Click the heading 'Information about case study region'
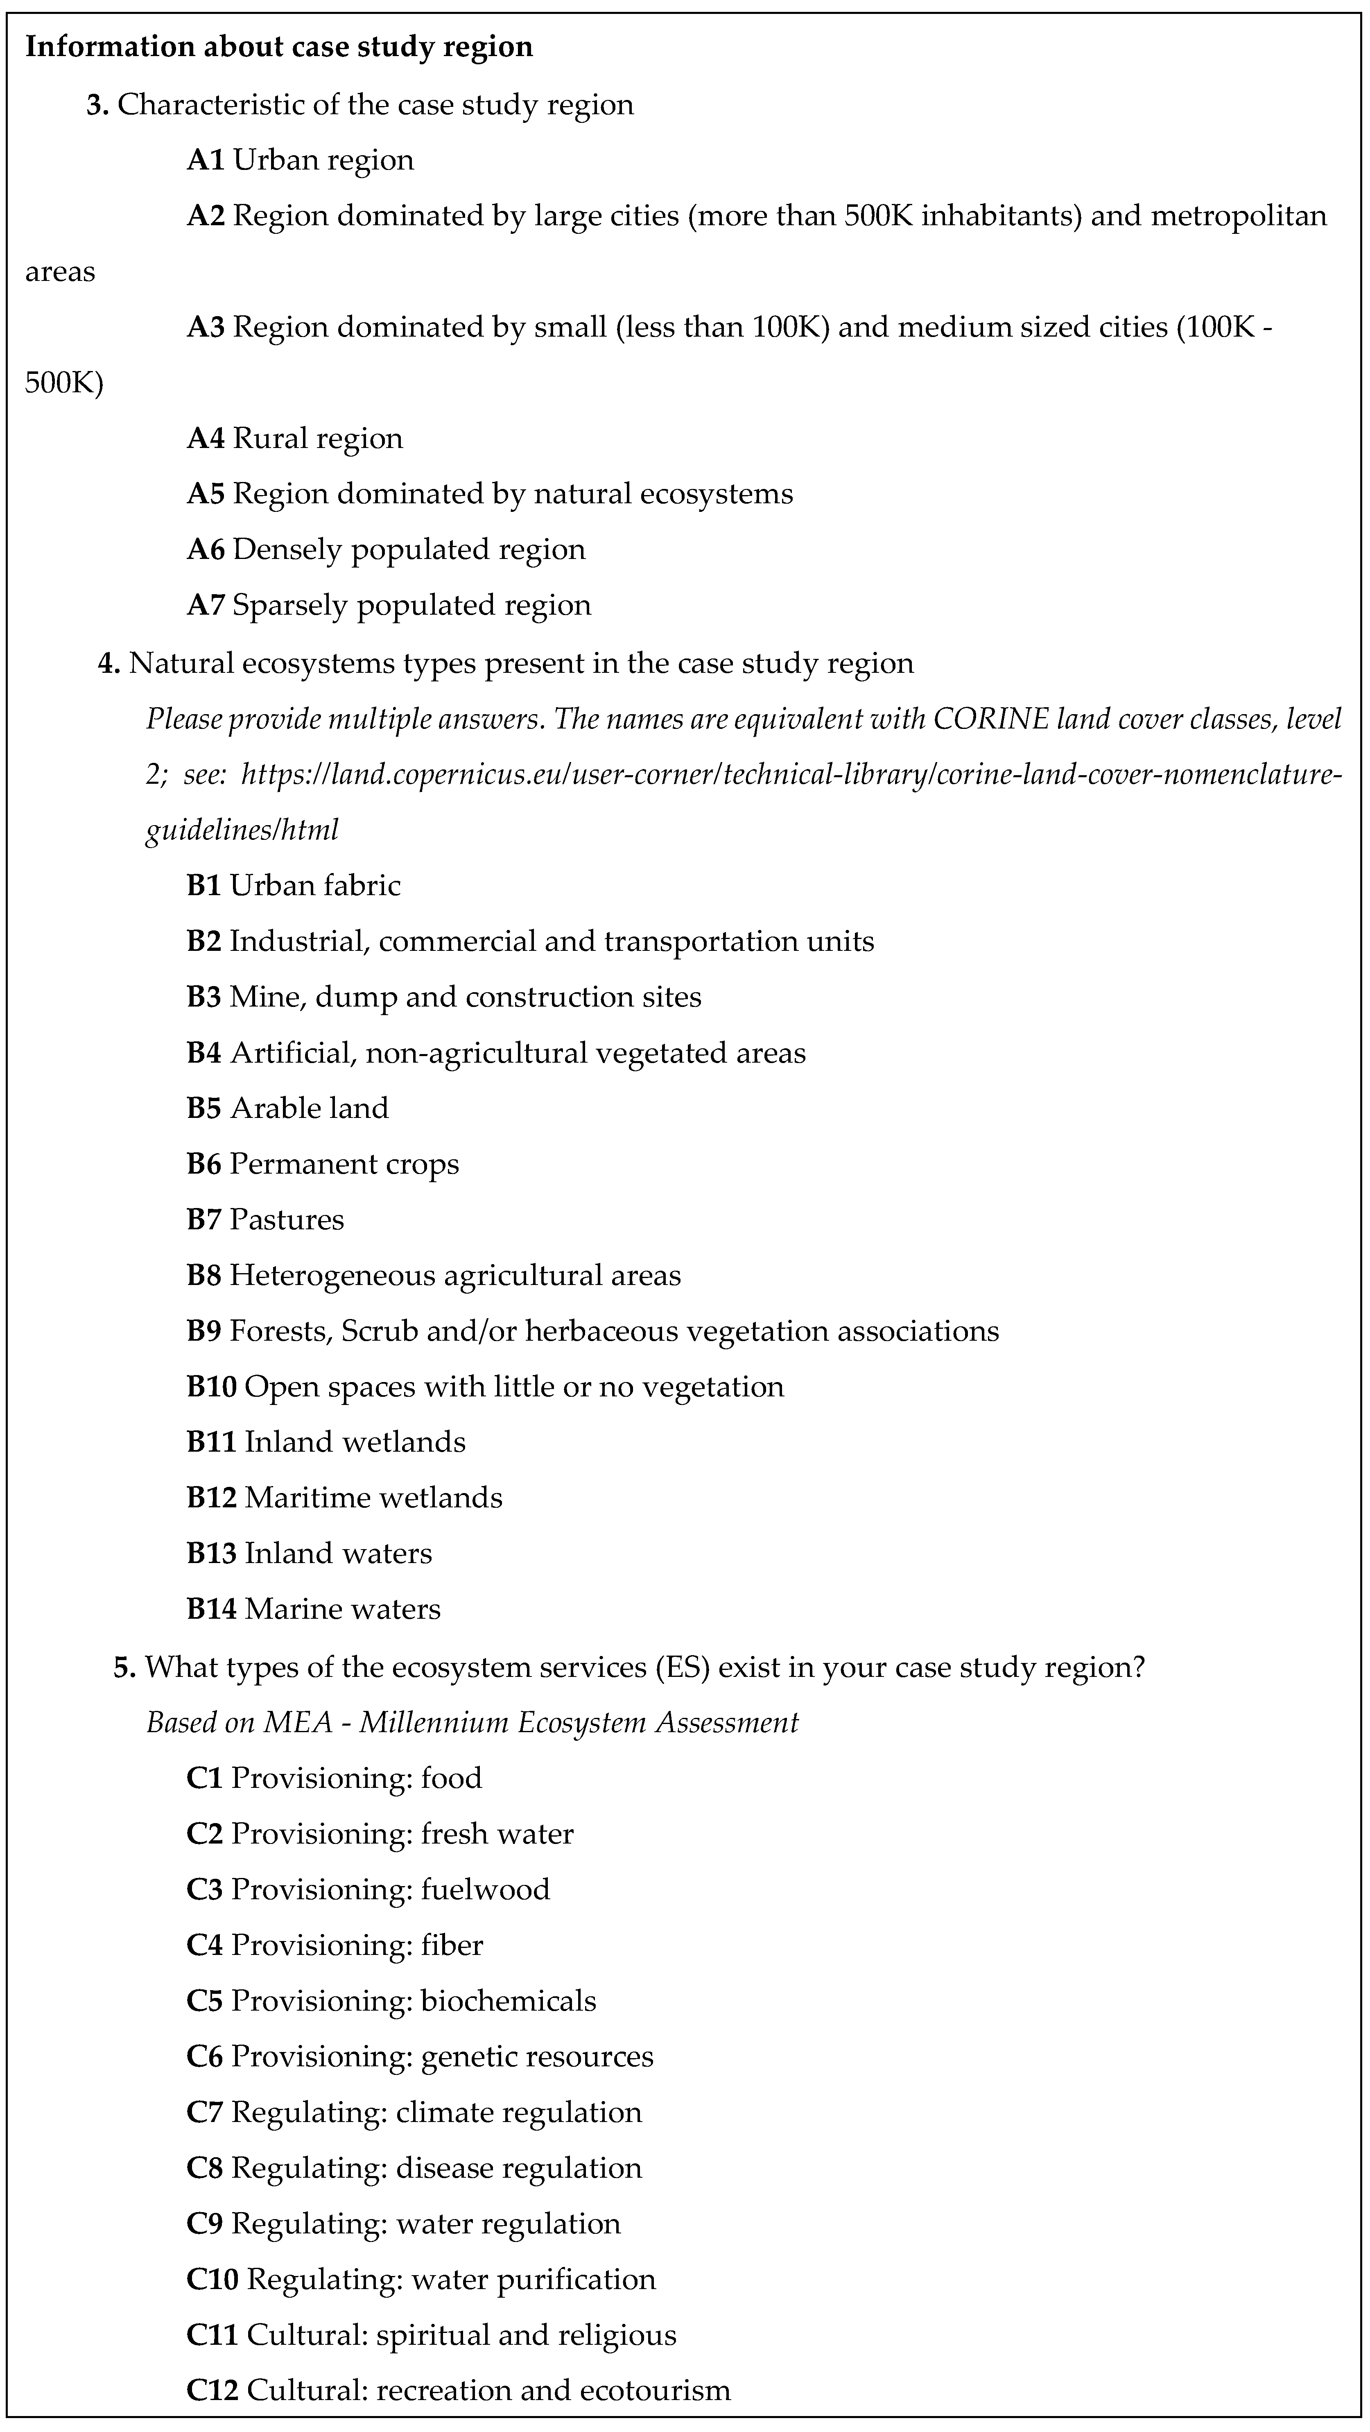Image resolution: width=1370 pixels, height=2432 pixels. tap(278, 46)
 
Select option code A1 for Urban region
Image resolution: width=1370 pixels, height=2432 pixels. tap(205, 160)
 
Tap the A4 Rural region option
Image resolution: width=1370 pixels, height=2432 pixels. tap(294, 438)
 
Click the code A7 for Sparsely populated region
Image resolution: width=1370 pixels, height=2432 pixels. tap(205, 605)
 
